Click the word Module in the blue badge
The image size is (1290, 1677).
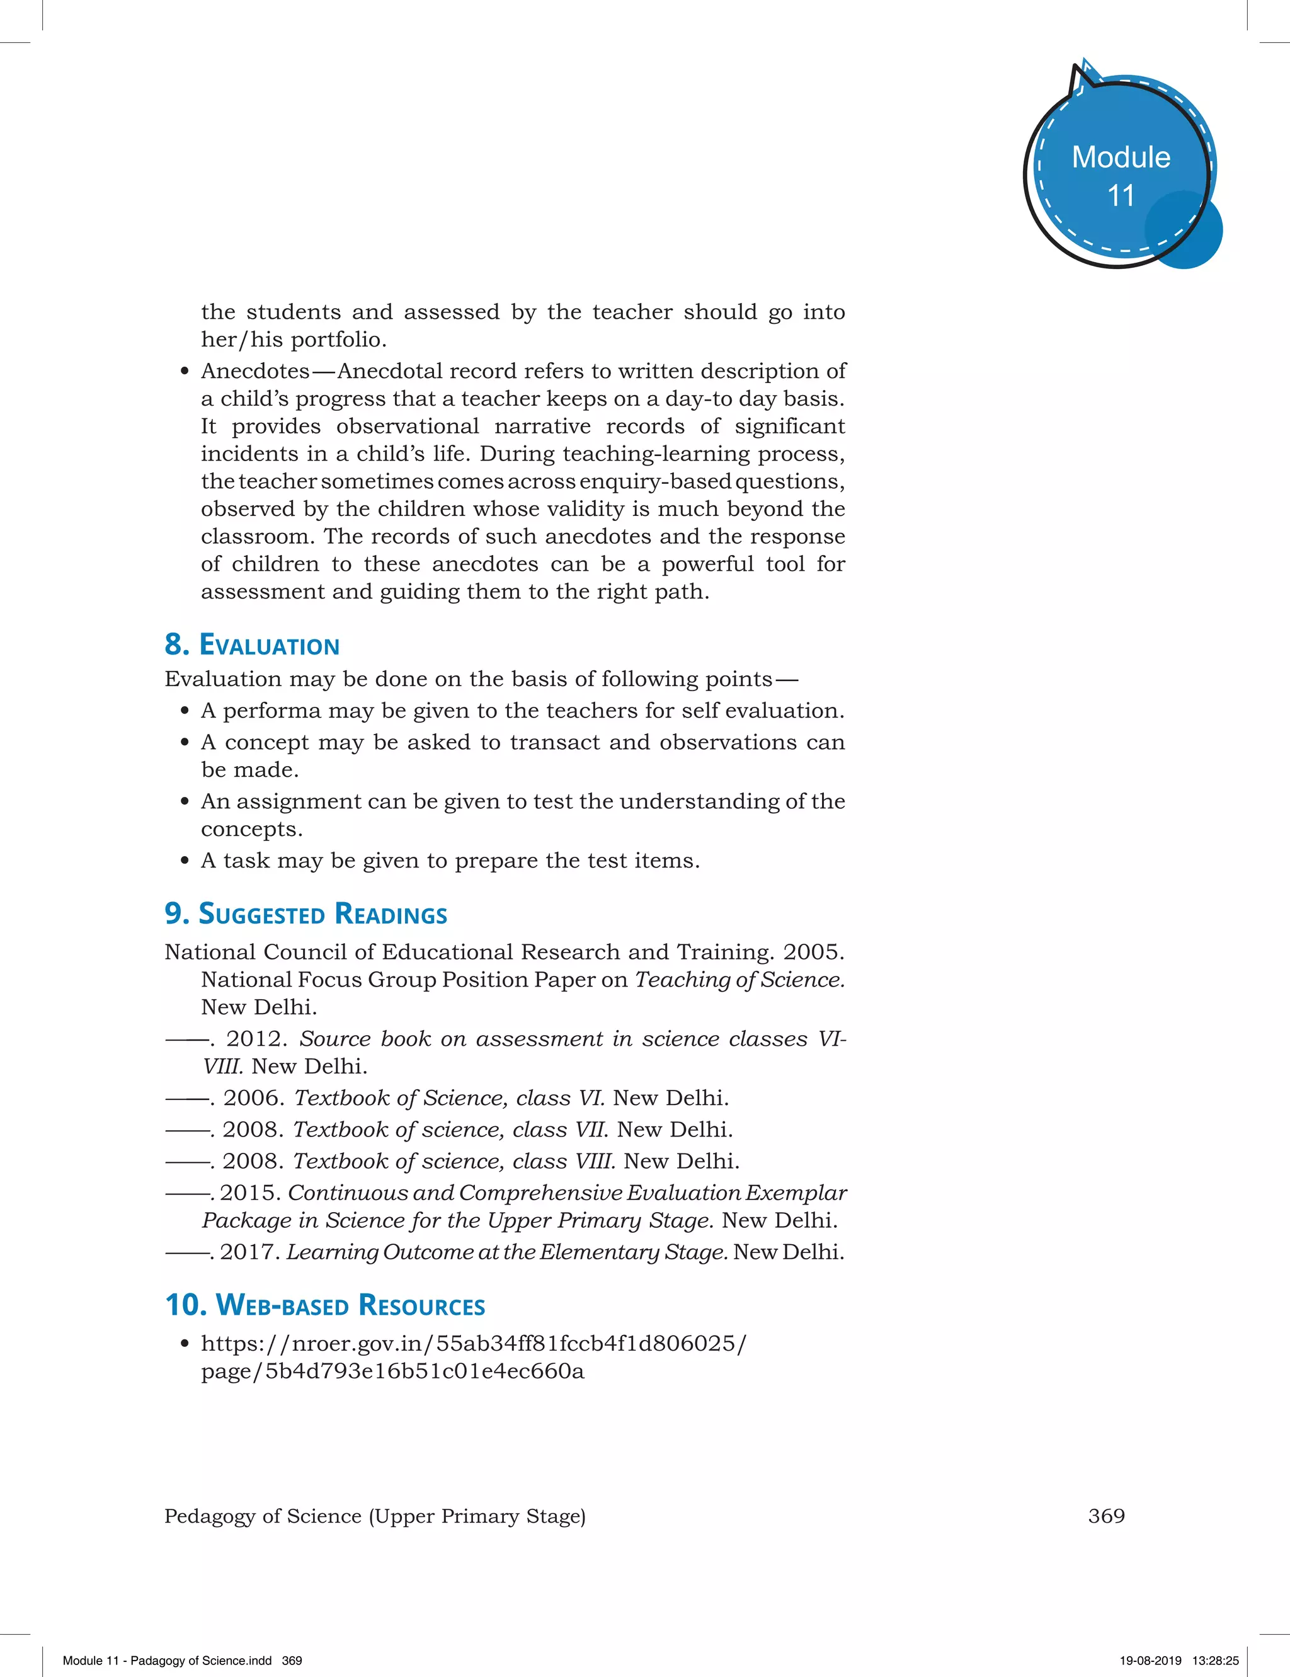pos(1121,157)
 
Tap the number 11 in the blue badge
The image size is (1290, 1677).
pos(1121,196)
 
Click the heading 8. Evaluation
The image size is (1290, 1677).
pos(252,645)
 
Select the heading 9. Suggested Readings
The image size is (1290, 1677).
pos(305,913)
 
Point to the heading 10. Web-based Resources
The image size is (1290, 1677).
pos(325,1305)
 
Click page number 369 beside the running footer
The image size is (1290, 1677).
pos(1105,1516)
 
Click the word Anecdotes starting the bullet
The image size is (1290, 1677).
pos(255,371)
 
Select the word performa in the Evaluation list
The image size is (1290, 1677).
pos(272,711)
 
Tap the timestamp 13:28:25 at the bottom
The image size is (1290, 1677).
pos(1215,1660)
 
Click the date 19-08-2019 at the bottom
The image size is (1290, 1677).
pos(1150,1660)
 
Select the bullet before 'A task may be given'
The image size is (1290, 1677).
pos(185,861)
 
